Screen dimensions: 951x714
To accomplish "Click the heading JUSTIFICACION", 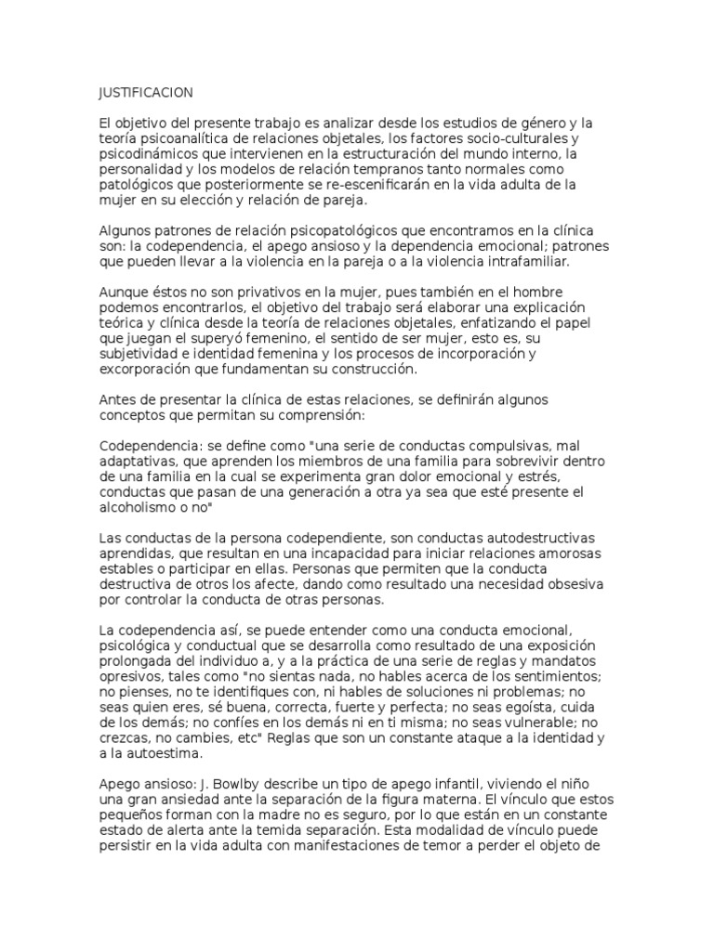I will tap(146, 93).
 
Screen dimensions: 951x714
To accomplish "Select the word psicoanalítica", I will tap(186, 139).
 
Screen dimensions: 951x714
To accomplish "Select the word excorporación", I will tap(146, 370).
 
